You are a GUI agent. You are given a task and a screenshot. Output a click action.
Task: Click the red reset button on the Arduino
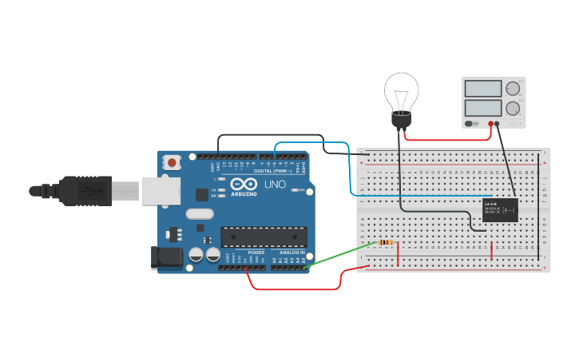click(x=172, y=162)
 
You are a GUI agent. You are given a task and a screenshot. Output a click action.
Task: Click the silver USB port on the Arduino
click(x=160, y=191)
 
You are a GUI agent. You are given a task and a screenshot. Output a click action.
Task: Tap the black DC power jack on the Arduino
click(x=167, y=256)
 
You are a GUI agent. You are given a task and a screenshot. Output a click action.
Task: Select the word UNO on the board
click(x=275, y=185)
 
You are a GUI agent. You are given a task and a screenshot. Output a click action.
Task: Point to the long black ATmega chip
click(x=264, y=237)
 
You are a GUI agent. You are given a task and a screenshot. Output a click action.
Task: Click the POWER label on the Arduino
click(x=256, y=252)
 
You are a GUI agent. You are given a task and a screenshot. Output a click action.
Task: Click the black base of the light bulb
click(x=401, y=120)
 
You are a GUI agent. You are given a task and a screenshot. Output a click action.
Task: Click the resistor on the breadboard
click(x=386, y=242)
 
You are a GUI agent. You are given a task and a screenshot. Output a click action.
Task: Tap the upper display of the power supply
click(x=482, y=89)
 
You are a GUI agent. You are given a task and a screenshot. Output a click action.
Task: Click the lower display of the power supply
click(x=482, y=107)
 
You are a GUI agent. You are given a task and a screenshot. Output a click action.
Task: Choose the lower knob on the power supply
click(x=513, y=108)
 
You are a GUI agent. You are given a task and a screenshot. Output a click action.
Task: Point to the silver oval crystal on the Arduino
click(x=200, y=213)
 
